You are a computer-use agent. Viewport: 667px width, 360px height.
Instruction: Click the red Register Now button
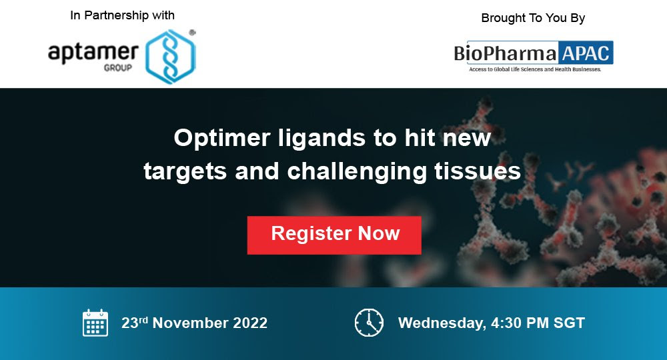click(334, 235)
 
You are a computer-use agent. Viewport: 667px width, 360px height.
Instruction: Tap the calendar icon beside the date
click(95, 323)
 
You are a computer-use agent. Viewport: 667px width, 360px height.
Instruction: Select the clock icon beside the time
click(369, 323)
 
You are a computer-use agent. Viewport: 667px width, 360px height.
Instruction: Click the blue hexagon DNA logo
click(171, 56)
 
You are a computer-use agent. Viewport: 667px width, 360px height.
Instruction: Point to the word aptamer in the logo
click(93, 53)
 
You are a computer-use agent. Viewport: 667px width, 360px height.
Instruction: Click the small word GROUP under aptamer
click(118, 67)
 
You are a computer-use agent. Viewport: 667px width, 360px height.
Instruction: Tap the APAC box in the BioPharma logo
click(586, 53)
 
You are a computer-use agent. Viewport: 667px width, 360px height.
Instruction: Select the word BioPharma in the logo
click(506, 53)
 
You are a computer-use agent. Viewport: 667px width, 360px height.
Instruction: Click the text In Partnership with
click(123, 15)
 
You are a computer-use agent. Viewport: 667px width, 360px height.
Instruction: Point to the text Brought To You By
click(533, 18)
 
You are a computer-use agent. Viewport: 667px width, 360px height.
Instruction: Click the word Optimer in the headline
click(222, 139)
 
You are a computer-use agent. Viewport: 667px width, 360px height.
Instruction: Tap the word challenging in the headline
click(357, 172)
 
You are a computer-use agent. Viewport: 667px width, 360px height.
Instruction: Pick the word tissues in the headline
click(478, 171)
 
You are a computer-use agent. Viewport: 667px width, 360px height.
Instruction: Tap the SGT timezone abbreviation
click(569, 323)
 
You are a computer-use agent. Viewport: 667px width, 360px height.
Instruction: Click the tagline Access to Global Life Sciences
click(535, 69)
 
